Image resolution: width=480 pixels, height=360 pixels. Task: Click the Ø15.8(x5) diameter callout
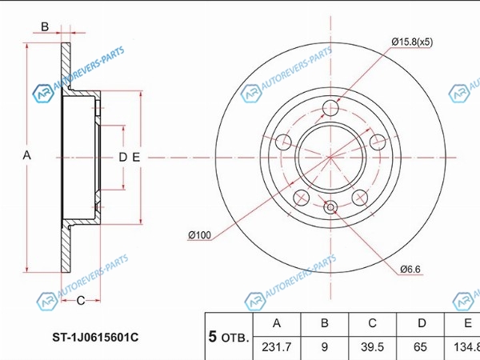point(412,42)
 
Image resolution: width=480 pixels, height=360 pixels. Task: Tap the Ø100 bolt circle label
point(199,235)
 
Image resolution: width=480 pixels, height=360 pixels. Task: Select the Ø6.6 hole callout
point(410,270)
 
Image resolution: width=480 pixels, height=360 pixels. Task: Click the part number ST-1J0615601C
point(95,338)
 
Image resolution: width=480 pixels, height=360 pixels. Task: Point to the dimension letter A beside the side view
point(27,155)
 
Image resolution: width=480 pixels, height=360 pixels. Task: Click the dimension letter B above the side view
point(45,27)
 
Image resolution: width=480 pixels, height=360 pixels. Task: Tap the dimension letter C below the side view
point(81,301)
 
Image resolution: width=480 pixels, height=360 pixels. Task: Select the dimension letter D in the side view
point(122,158)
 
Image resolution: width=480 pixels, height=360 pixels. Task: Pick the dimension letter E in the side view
point(136,158)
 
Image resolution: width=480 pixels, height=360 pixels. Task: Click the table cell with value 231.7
point(277,347)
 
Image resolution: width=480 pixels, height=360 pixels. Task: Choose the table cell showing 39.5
point(372,347)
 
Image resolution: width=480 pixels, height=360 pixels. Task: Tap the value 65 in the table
point(420,347)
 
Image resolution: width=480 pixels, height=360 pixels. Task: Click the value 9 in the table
point(325,347)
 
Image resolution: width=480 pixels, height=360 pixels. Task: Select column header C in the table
point(372,323)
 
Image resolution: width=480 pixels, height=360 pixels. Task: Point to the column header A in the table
point(277,323)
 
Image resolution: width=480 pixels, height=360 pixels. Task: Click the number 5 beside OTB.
point(213,337)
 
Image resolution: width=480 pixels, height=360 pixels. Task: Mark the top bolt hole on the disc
point(330,108)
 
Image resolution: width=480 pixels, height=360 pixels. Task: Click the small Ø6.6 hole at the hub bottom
point(330,207)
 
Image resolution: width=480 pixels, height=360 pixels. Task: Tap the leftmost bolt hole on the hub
point(283,142)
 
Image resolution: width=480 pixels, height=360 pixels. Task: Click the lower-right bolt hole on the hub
point(360,198)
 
